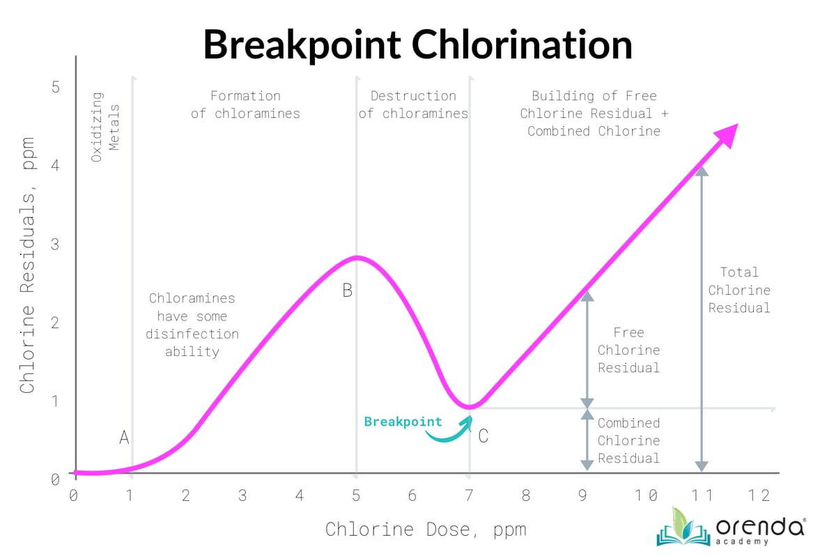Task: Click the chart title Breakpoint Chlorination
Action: pyautogui.click(x=417, y=45)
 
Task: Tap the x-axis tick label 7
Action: pyautogui.click(x=469, y=495)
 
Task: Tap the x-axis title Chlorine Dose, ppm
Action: pyautogui.click(x=425, y=529)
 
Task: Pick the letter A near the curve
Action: pyautogui.click(x=124, y=438)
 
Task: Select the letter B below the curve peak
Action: pyautogui.click(x=347, y=291)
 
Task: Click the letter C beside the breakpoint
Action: pyautogui.click(x=483, y=437)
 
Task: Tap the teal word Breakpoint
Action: pyautogui.click(x=403, y=422)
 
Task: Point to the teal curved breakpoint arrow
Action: pyautogui.click(x=449, y=431)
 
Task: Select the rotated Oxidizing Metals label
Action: pyautogui.click(x=105, y=127)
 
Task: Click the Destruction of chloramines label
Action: pyautogui.click(x=413, y=105)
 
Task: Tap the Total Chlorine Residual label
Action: pyautogui.click(x=739, y=290)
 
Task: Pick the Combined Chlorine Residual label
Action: pyautogui.click(x=628, y=440)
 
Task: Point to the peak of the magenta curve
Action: pyautogui.click(x=357, y=258)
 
